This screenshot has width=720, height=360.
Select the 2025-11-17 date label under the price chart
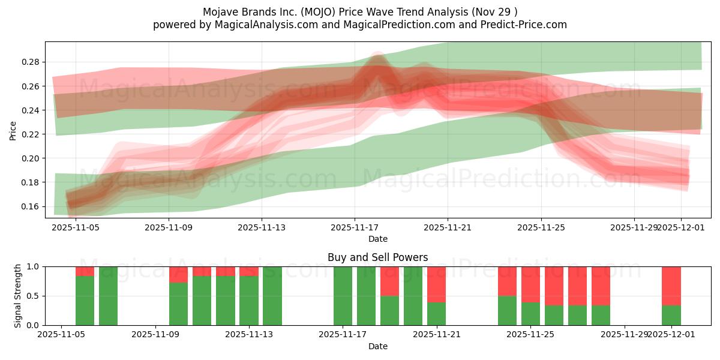(x=354, y=228)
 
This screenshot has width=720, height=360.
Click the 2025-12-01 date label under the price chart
(x=680, y=228)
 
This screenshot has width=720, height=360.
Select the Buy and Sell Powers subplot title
(x=377, y=257)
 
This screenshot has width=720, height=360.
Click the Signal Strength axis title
(x=18, y=295)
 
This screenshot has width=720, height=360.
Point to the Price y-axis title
(x=13, y=130)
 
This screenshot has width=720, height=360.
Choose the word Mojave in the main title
(x=221, y=12)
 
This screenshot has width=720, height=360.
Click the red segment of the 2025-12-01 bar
(x=671, y=286)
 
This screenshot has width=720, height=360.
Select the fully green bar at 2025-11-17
(x=343, y=296)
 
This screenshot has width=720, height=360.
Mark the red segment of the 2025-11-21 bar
(x=436, y=284)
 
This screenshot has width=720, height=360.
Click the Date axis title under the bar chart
(x=377, y=346)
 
